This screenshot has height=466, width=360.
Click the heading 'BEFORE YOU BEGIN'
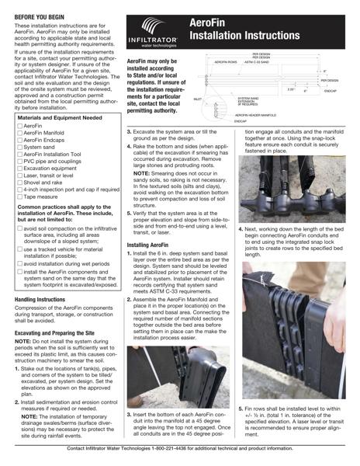[x=41, y=15]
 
